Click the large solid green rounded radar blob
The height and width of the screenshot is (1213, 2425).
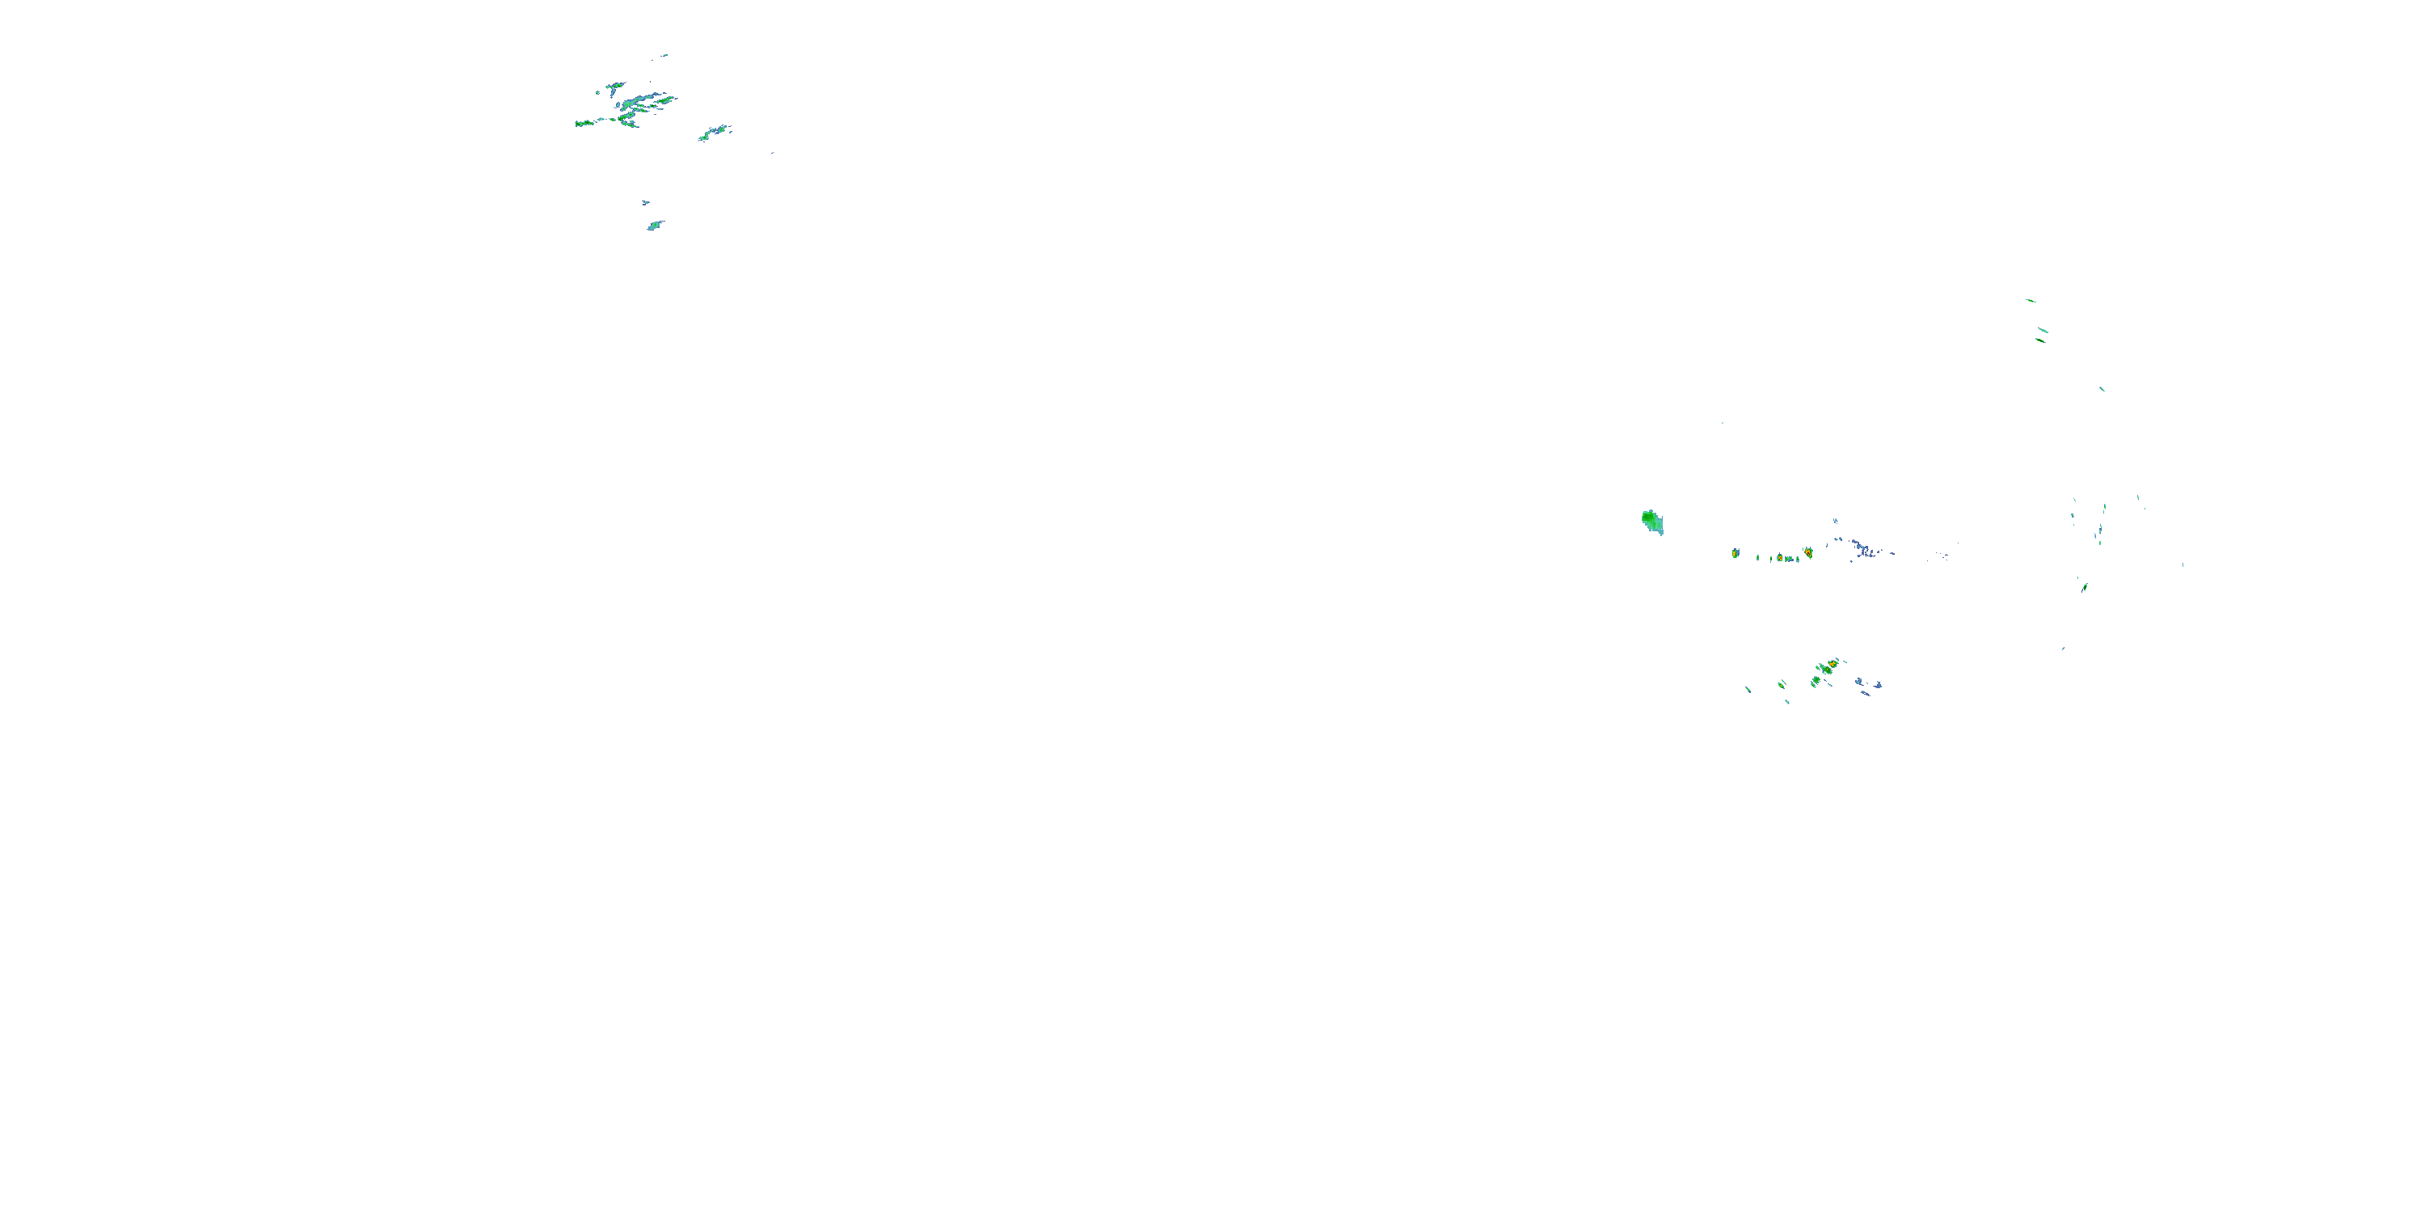(1651, 521)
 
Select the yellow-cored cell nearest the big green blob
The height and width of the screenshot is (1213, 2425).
(1735, 553)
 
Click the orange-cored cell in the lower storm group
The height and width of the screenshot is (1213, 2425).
(1832, 664)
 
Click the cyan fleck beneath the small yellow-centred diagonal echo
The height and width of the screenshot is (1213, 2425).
(1786, 702)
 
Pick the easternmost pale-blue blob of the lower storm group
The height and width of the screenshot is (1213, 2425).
(1877, 685)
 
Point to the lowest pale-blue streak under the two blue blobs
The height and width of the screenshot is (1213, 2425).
(1865, 694)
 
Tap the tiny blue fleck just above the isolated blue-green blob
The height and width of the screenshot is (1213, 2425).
(646, 202)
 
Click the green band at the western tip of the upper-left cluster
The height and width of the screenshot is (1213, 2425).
(584, 124)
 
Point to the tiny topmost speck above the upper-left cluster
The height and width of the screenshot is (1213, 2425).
(664, 56)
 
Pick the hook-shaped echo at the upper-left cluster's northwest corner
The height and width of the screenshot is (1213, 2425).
(613, 87)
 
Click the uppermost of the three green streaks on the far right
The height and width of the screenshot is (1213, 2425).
(2031, 301)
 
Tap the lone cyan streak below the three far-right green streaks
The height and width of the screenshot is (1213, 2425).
(2101, 388)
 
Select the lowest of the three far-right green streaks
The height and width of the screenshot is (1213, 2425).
(2040, 340)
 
